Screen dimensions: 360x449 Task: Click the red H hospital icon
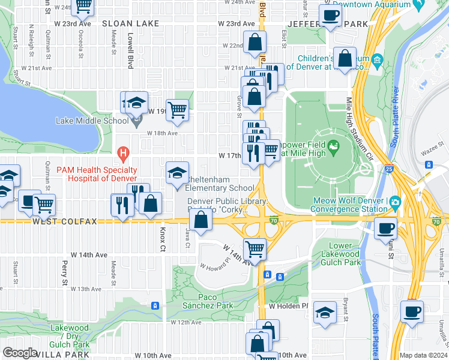pos(123,154)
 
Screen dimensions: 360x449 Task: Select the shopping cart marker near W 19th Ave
pos(178,109)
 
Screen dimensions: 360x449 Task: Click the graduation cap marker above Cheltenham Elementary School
pos(177,173)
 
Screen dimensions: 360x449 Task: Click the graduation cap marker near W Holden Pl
pos(325,312)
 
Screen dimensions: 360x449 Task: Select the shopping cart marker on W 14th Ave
pos(255,248)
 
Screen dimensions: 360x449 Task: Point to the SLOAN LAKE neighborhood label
pos(130,23)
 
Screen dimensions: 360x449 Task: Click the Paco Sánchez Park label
pos(207,305)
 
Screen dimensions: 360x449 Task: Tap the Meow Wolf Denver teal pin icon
pos(394,201)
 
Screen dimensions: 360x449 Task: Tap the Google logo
pos(20,352)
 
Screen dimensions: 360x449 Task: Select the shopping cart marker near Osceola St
pos(83,6)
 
